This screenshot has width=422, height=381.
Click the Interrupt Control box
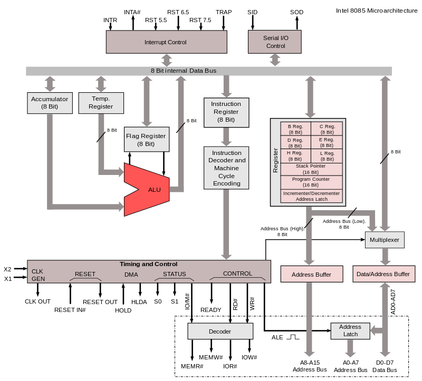pyautogui.click(x=166, y=42)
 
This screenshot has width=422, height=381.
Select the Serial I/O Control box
pyautogui.click(x=275, y=42)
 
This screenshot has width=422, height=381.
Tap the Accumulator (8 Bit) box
pyautogui.click(x=50, y=103)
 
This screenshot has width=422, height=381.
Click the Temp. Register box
pyautogui.click(x=101, y=103)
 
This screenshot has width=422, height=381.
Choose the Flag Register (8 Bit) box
pyautogui.click(x=146, y=140)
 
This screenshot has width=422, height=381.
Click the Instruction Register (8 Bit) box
pyautogui.click(x=226, y=112)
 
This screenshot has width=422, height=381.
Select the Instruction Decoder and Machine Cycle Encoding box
pyautogui.click(x=226, y=168)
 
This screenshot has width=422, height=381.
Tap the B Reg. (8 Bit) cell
pyautogui.click(x=295, y=129)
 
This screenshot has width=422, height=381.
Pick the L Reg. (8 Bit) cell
pyautogui.click(x=327, y=156)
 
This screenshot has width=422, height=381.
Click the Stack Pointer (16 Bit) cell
pyautogui.click(x=311, y=169)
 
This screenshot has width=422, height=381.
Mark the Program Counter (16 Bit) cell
pyautogui.click(x=311, y=182)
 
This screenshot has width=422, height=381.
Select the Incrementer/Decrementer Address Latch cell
pyautogui.click(x=311, y=196)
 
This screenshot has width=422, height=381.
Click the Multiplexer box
pyautogui.click(x=385, y=240)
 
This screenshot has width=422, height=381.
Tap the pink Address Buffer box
pyautogui.click(x=311, y=275)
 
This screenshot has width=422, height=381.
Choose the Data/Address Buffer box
pyautogui.click(x=383, y=274)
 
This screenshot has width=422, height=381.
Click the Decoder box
pyautogui.click(x=220, y=331)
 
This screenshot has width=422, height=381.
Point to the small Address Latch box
pyautogui.click(x=350, y=331)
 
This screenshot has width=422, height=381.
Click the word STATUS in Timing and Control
pyautogui.click(x=174, y=274)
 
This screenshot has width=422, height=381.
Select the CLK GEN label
pyautogui.click(x=38, y=275)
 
